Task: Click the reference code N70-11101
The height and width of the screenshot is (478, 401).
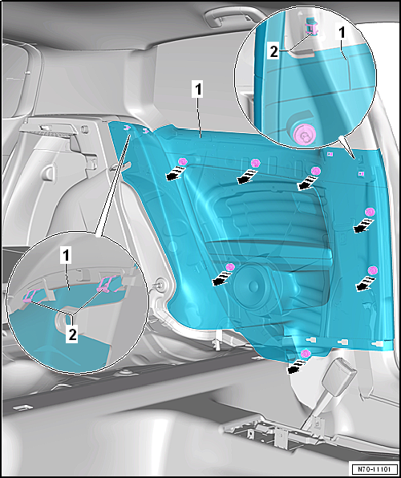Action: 375,468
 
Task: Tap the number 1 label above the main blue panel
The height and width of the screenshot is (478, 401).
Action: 197,90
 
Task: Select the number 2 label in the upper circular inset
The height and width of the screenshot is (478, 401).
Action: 273,52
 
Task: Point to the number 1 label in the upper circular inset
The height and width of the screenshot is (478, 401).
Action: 342,33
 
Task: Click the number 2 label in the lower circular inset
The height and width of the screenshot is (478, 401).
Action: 72,335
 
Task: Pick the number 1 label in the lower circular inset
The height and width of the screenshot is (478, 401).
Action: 66,257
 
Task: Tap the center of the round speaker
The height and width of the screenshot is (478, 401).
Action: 253,286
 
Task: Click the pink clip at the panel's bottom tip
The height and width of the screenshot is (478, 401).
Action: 305,354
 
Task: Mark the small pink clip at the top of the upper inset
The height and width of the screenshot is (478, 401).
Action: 310,25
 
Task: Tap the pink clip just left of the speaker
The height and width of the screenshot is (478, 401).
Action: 230,267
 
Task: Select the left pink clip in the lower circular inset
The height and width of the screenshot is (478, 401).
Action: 31,296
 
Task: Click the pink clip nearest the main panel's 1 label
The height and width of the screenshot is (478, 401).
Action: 182,161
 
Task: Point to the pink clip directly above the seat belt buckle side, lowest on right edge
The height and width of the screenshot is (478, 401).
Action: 372,270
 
